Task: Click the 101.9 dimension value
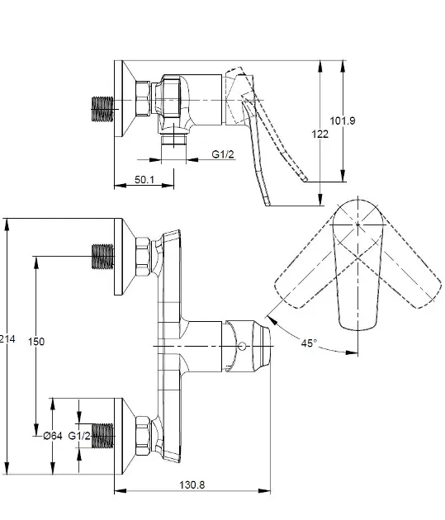point(343,121)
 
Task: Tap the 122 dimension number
point(320,134)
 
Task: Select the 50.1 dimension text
point(144,179)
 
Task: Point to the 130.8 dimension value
point(192,485)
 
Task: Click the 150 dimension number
point(36,341)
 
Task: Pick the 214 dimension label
point(7,339)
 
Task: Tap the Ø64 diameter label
point(53,436)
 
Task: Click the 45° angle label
point(309,343)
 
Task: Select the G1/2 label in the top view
point(223,154)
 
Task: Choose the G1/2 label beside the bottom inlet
point(79,436)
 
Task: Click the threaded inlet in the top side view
point(102,109)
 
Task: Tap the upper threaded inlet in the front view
point(102,257)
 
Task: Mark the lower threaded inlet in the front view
point(102,436)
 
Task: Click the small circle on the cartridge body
point(243,346)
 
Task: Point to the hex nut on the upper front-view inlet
point(143,257)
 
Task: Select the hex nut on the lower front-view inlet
point(143,436)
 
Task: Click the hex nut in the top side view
point(143,98)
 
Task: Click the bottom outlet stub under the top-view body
point(173,139)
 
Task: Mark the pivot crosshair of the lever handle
point(357,225)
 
